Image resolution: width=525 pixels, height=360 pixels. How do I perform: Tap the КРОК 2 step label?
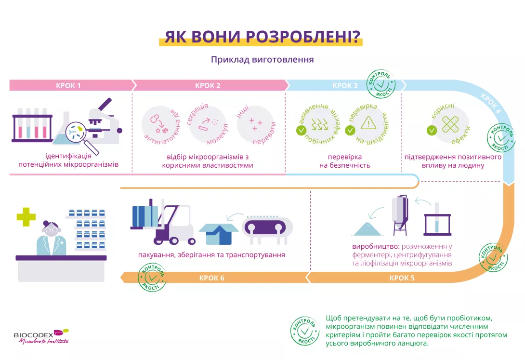click(x=208, y=86)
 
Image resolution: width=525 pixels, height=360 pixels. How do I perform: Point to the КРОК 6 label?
click(x=212, y=278)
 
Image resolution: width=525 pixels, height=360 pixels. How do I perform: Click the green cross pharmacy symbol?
click(x=26, y=217)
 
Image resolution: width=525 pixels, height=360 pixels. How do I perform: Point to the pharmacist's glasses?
click(x=51, y=230)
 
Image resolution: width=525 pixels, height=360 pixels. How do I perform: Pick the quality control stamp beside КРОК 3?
click(x=382, y=85)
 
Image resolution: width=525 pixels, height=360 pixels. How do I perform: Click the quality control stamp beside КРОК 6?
click(x=152, y=278)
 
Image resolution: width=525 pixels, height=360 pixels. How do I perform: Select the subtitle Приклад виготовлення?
click(x=262, y=60)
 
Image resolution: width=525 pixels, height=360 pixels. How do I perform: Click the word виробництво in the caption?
click(x=373, y=246)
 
